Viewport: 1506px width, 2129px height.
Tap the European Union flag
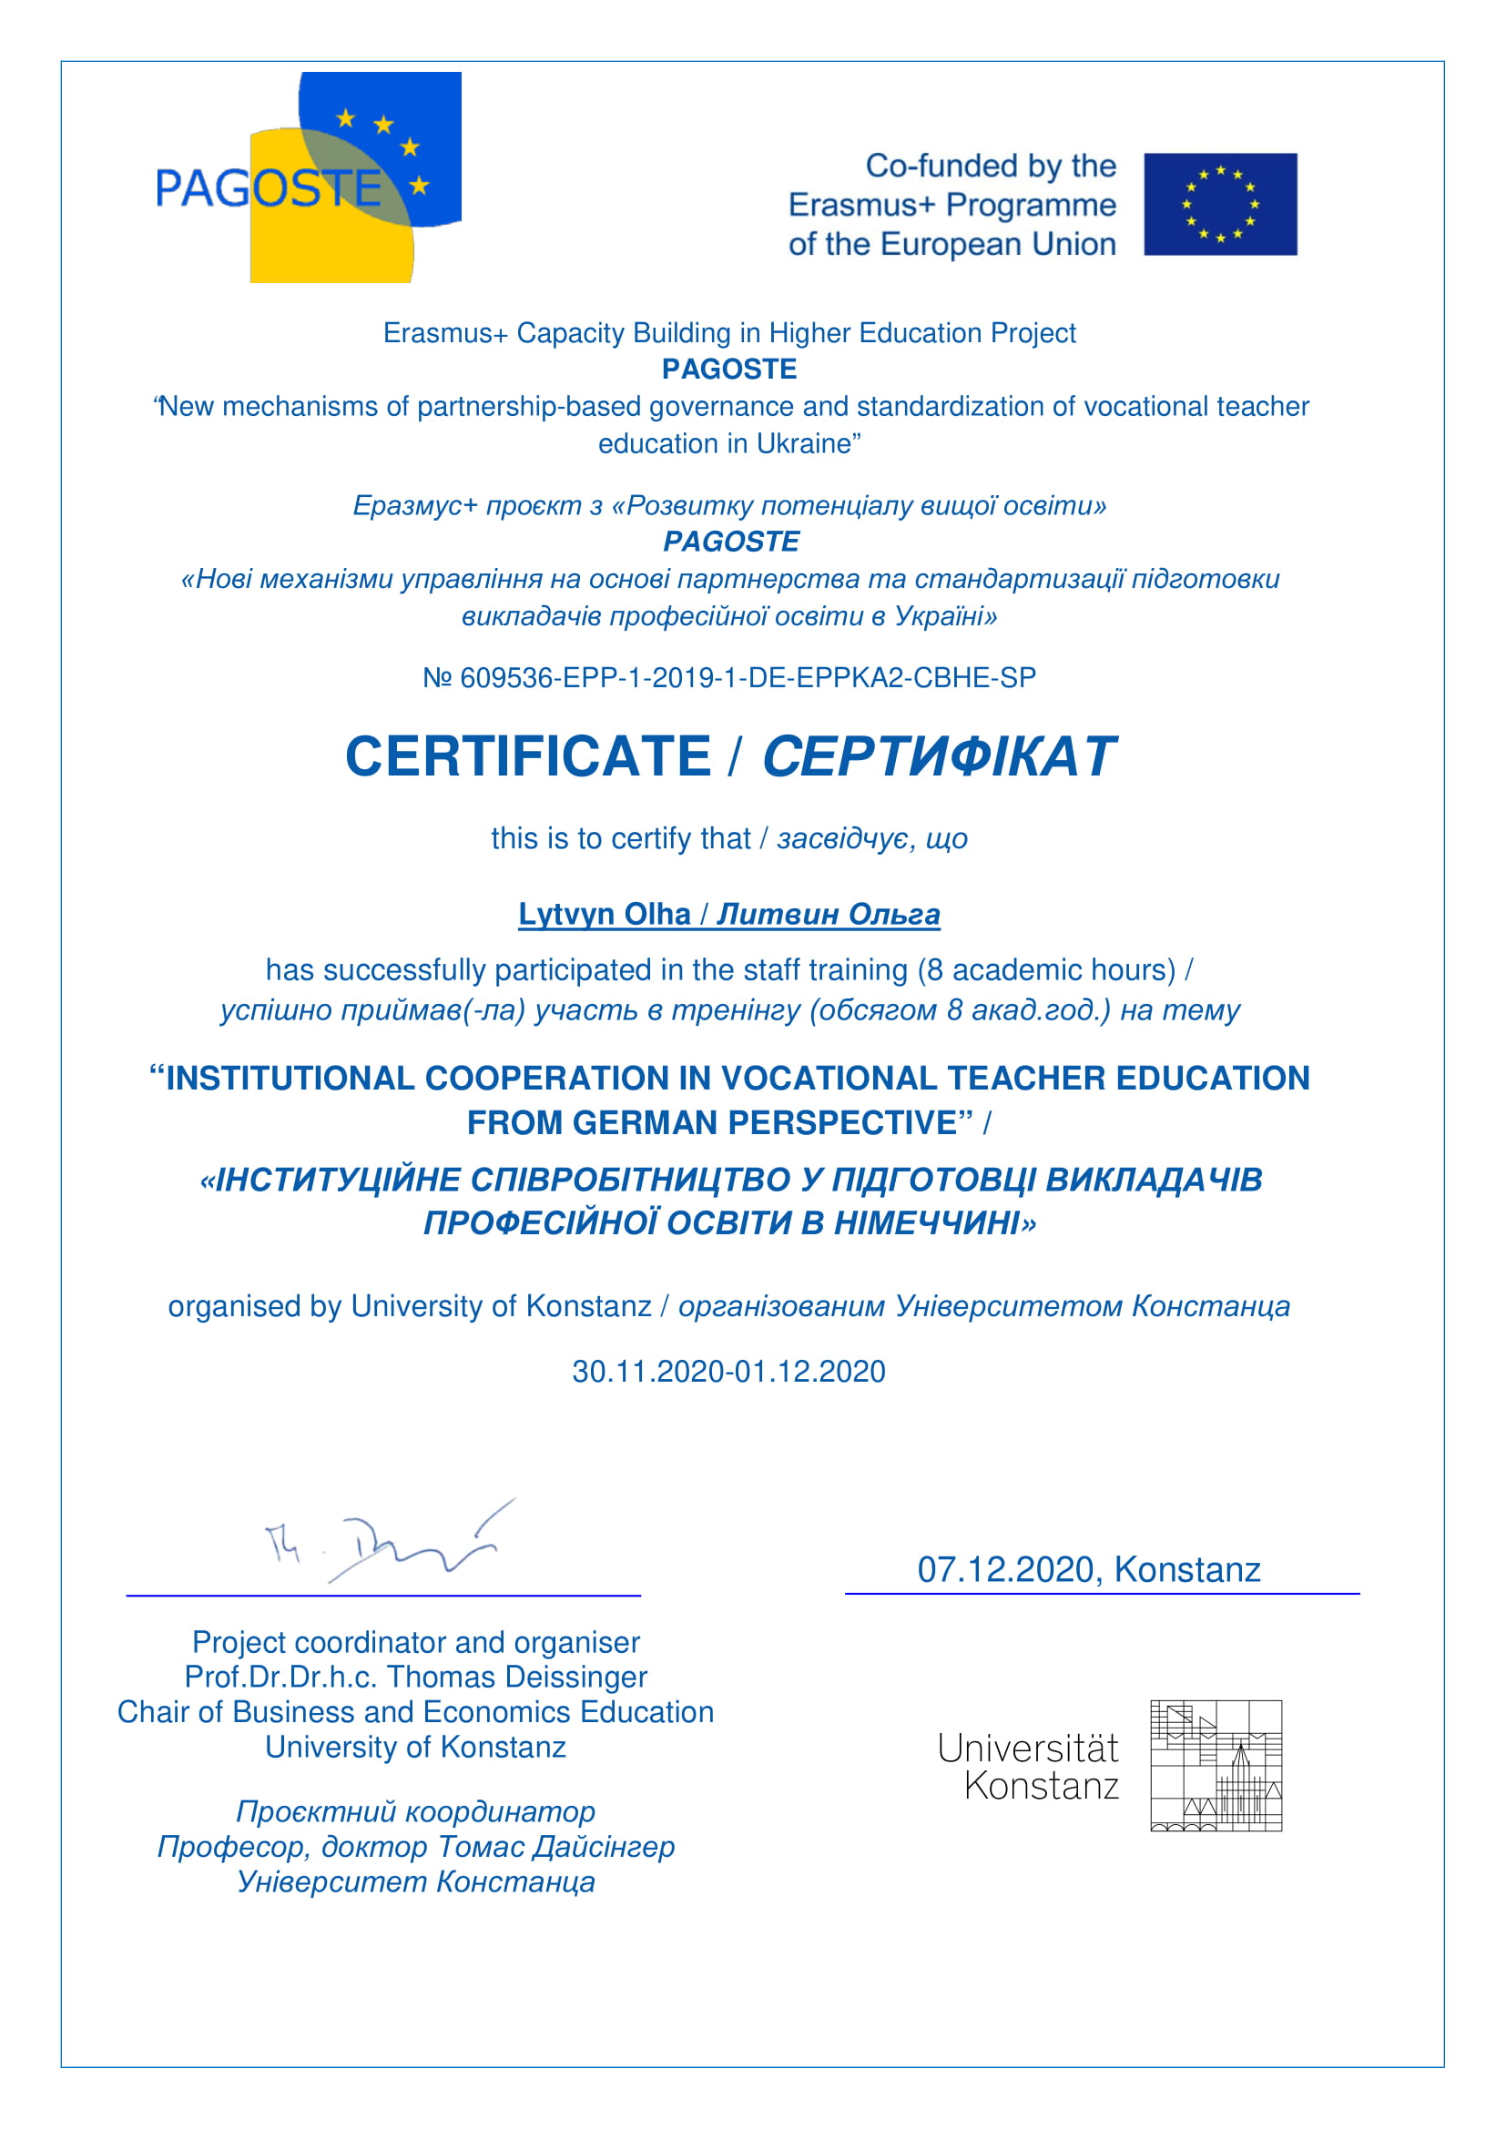[x=1219, y=204]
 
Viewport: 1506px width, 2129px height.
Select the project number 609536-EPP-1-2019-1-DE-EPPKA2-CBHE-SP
[x=748, y=678]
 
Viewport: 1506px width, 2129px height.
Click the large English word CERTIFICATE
[x=528, y=756]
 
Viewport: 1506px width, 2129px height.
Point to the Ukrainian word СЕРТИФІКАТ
[x=939, y=756]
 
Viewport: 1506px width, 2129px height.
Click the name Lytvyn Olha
[x=604, y=914]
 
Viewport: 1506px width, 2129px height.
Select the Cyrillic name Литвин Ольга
[x=828, y=914]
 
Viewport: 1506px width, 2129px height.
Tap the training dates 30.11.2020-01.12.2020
[x=729, y=1372]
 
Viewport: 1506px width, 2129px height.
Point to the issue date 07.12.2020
[x=1005, y=1570]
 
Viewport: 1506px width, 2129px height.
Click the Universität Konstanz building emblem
[x=1216, y=1766]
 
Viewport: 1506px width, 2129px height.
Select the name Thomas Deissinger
[x=516, y=1677]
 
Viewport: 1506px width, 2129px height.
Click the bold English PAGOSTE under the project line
[x=729, y=369]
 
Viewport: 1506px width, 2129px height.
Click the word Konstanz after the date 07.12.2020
[x=1187, y=1570]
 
